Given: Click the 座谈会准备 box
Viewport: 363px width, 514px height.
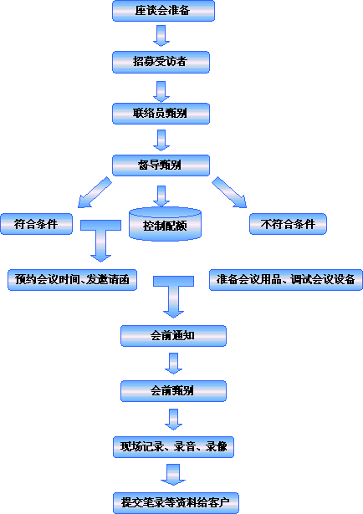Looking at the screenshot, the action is pos(163,11).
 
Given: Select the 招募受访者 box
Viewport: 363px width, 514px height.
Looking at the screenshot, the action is pos(161,62).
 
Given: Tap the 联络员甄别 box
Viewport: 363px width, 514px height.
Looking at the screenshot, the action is pos(161,114).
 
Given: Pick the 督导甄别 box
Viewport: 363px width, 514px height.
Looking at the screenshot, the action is pos(161,165).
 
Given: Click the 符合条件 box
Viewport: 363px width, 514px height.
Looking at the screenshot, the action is pos(37,224).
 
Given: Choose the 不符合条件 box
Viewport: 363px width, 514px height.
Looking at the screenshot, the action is pos(288,224).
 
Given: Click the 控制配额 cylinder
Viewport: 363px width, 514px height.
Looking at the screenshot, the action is pos(165,224).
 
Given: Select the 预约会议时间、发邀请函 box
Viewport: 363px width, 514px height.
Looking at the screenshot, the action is pos(72,280).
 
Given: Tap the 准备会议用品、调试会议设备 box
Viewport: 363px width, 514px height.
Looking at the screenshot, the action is pos(286,280).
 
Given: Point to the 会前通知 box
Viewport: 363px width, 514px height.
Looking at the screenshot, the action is pos(173,336).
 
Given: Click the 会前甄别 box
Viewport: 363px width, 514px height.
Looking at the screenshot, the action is pos(173,391).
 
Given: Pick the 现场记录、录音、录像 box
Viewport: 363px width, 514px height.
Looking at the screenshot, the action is pos(173,447).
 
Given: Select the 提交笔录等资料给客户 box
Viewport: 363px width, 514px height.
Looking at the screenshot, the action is pos(176,502).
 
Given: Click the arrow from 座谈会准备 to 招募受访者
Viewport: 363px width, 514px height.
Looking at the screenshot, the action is pos(161,35).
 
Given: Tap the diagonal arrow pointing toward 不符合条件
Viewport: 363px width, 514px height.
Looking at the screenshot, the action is pos(229,192).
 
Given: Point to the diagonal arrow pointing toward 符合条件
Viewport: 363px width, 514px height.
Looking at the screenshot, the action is pos(95,192).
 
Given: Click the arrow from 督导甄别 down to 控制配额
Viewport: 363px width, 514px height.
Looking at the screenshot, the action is pos(161,196).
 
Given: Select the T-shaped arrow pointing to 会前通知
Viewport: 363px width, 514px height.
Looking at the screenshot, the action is pos(173,297).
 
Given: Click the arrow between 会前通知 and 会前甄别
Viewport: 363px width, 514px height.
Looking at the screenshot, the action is pos(173,364).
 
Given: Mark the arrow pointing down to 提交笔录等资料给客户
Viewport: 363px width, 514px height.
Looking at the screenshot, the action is pos(173,475).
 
